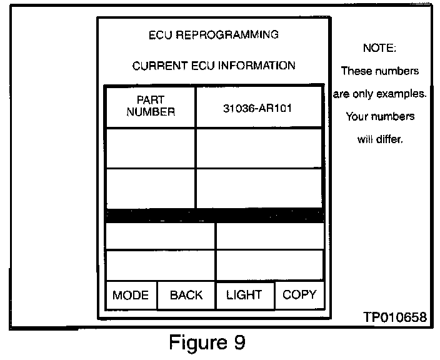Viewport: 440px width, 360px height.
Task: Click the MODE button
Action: [x=131, y=296]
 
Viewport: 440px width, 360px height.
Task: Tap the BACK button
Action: [x=186, y=296]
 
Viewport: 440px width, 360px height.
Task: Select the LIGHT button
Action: [x=244, y=295]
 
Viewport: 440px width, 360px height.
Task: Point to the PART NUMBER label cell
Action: [x=151, y=107]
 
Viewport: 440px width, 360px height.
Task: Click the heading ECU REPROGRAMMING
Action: [x=214, y=34]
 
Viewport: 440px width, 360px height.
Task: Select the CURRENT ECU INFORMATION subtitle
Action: [x=214, y=66]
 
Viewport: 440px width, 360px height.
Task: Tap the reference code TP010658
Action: [x=395, y=317]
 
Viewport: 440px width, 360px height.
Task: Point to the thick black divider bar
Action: [x=214, y=215]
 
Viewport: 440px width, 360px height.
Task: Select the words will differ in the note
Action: [x=380, y=139]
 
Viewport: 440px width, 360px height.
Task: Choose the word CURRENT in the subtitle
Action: [x=157, y=66]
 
